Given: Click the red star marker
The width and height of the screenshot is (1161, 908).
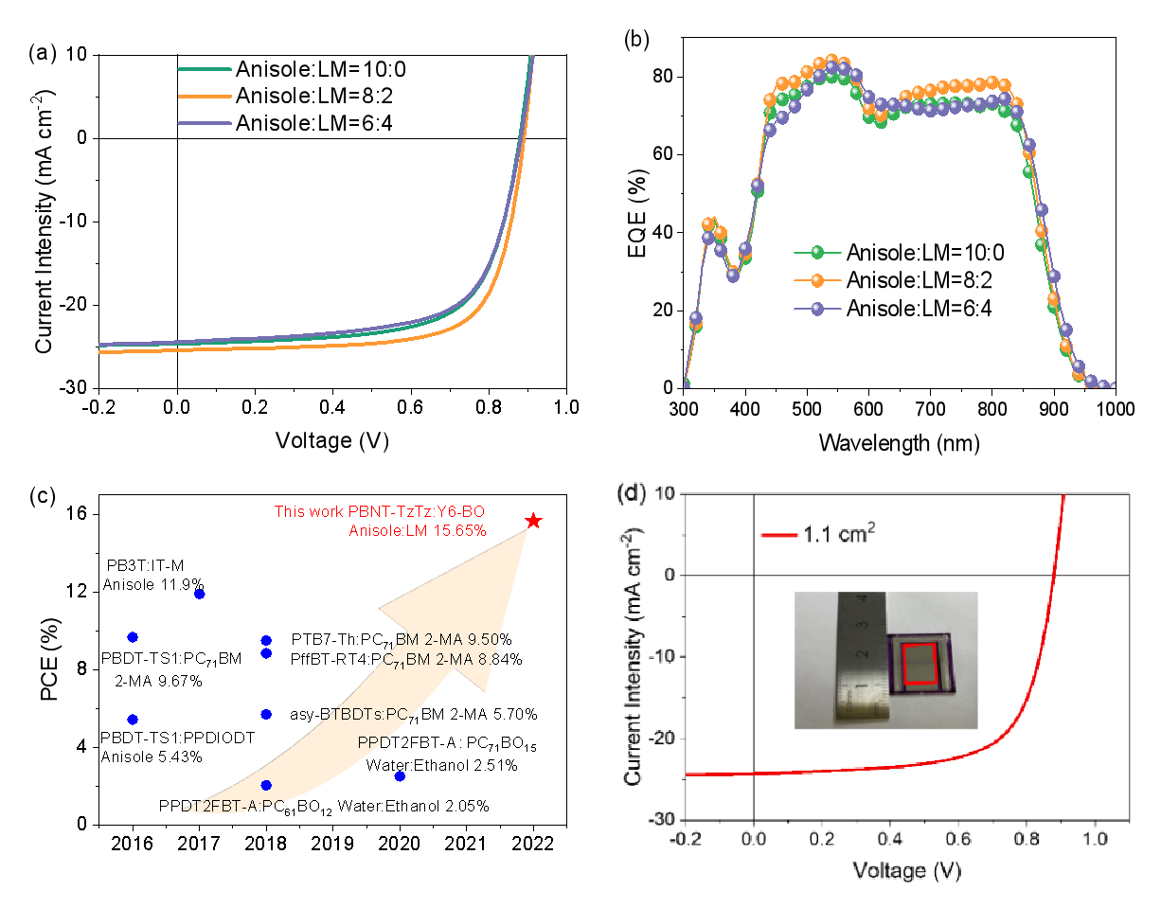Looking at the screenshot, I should pyautogui.click(x=533, y=521).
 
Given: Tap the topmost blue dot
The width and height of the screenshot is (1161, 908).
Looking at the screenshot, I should pyautogui.click(x=199, y=594).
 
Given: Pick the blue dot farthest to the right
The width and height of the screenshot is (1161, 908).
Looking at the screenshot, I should pyautogui.click(x=400, y=776).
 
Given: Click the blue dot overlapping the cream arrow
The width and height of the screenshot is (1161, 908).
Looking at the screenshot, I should pyautogui.click(x=266, y=785).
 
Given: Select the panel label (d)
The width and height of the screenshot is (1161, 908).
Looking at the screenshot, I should pyautogui.click(x=631, y=493).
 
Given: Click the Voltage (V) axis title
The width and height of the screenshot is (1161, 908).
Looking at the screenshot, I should pyautogui.click(x=906, y=870).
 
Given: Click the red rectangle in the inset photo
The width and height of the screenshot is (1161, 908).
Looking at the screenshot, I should pyautogui.click(x=919, y=663).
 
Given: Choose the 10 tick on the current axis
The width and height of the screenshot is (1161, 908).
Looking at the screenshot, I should pyautogui.click(x=663, y=494).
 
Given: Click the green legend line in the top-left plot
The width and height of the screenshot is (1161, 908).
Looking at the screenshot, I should pyautogui.click(x=205, y=69).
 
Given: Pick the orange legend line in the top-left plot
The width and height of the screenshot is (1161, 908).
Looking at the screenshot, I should pyautogui.click(x=205, y=97).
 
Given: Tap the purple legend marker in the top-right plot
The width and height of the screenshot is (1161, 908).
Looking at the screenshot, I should pyautogui.click(x=817, y=309).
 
